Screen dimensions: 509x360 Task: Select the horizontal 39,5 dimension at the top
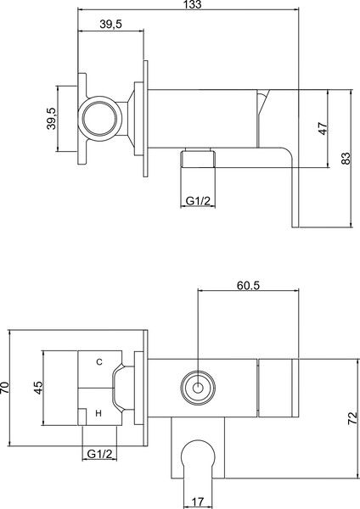point(106,25)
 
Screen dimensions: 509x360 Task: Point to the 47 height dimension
point(322,129)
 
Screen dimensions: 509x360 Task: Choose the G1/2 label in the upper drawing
point(198,200)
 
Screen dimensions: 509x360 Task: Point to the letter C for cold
point(98,362)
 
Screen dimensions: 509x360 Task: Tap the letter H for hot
point(98,413)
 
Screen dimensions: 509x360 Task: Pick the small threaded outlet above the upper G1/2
point(197,158)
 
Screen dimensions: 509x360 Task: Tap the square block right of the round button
point(276,389)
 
